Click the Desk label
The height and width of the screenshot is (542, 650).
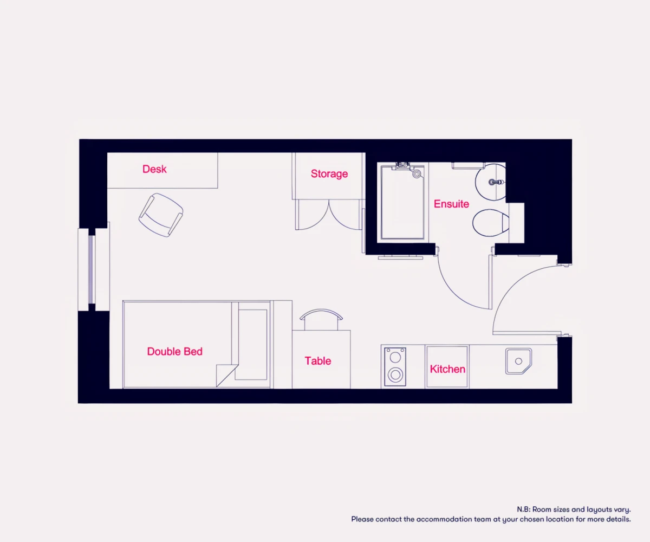[154, 169]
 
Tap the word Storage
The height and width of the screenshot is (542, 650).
[329, 174]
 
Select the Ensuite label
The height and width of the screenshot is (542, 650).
[451, 204]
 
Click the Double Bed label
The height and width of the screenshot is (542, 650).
[174, 351]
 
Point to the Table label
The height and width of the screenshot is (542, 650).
[318, 361]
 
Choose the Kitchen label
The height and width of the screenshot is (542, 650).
[447, 369]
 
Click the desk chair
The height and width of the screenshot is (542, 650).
[161, 215]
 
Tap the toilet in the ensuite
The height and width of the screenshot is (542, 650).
[491, 223]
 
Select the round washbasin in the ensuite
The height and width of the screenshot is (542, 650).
[490, 182]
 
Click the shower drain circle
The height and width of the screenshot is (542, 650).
[417, 174]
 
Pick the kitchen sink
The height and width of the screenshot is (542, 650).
[518, 362]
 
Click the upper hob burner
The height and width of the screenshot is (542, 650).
[395, 357]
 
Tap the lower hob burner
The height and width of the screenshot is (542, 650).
[395, 375]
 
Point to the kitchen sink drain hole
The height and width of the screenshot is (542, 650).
[518, 362]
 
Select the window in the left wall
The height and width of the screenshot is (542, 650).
[92, 269]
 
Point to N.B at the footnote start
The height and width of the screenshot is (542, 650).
[524, 509]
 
